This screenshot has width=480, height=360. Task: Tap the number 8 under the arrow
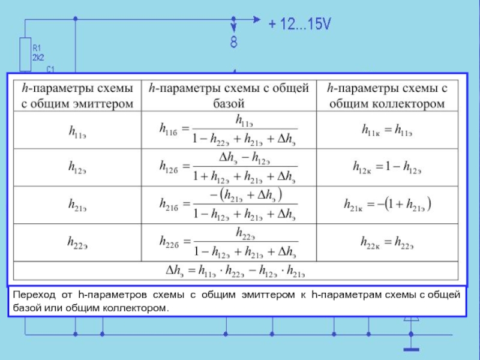(x=233, y=43)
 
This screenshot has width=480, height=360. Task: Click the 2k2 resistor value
(x=37, y=57)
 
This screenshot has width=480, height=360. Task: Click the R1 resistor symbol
(x=25, y=52)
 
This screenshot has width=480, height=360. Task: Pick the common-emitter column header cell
(x=76, y=96)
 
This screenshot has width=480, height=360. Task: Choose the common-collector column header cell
(x=388, y=96)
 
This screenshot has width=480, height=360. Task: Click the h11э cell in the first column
(x=76, y=130)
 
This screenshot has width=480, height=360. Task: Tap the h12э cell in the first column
(x=76, y=166)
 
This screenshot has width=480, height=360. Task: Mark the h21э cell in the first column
(x=76, y=205)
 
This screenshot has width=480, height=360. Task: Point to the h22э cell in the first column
(x=76, y=242)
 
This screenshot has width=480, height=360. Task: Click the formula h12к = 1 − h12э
(x=388, y=166)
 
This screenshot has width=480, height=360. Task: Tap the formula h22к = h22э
(x=388, y=242)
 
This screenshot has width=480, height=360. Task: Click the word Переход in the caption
(x=34, y=296)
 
